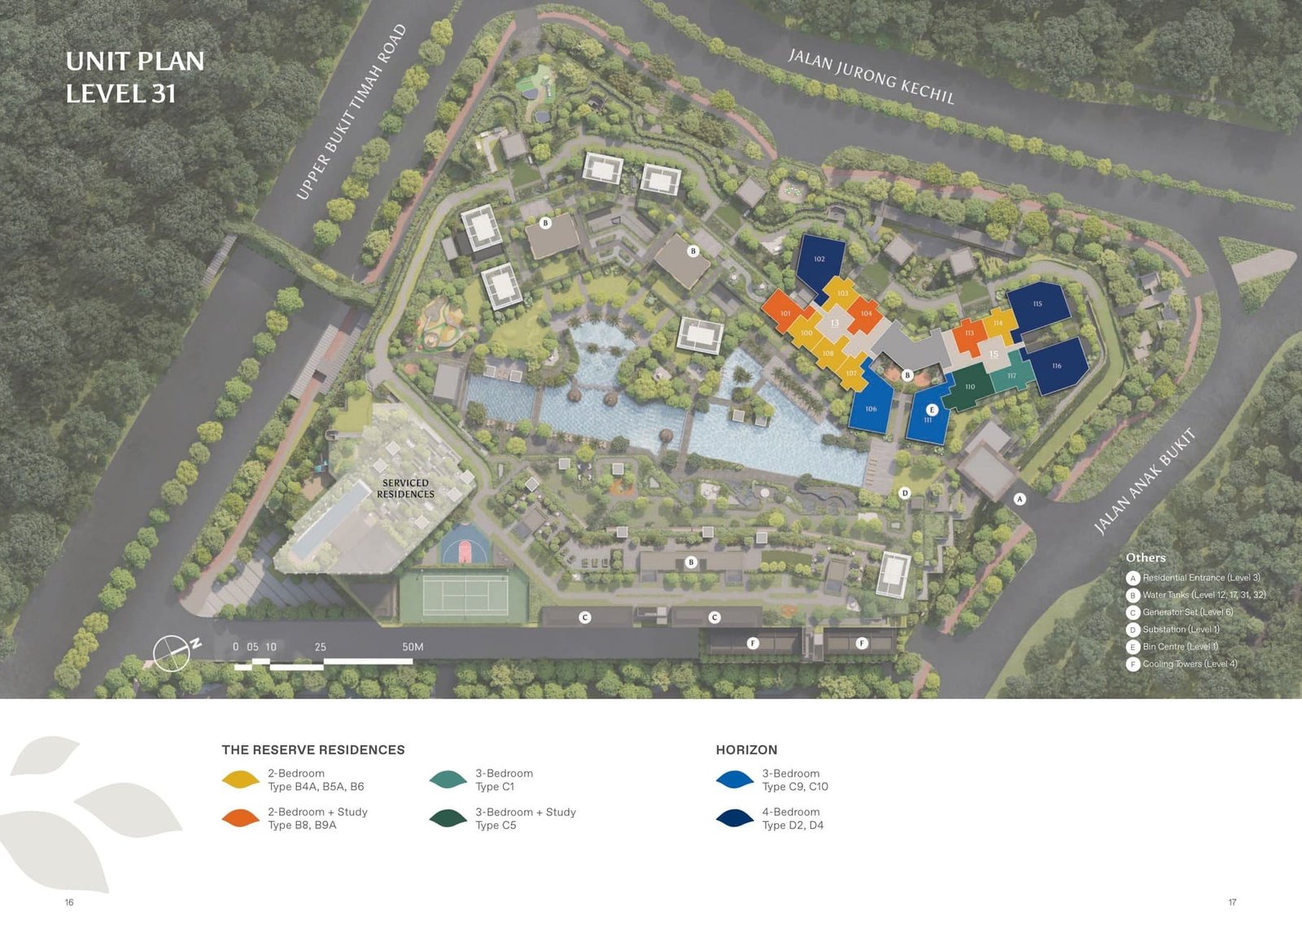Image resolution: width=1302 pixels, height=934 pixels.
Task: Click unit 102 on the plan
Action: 819,260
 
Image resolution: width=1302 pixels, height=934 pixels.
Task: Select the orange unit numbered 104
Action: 866,314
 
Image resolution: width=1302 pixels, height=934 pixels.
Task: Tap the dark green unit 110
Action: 969,387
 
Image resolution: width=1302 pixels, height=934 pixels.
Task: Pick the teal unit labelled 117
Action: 1011,376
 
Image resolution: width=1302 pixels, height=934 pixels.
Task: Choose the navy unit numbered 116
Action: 1056,366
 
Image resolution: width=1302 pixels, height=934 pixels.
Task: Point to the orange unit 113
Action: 969,334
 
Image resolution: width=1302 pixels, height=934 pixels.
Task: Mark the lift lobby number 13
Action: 834,323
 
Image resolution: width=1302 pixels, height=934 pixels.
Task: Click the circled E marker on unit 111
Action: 933,409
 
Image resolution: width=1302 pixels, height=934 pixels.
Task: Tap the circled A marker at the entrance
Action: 1020,499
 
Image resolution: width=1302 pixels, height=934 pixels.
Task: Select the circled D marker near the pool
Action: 904,493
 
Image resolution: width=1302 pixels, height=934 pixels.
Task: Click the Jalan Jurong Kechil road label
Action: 871,76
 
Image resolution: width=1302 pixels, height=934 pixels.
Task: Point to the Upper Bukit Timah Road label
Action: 351,112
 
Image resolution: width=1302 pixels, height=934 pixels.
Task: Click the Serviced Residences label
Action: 405,488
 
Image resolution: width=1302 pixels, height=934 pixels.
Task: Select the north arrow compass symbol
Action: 173,652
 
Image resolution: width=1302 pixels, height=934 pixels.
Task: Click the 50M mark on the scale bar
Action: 413,648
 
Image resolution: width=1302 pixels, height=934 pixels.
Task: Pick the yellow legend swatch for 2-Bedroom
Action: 240,780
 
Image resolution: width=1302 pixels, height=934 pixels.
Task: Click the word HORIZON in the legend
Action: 746,750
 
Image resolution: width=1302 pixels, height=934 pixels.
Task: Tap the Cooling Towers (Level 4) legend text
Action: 1189,664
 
